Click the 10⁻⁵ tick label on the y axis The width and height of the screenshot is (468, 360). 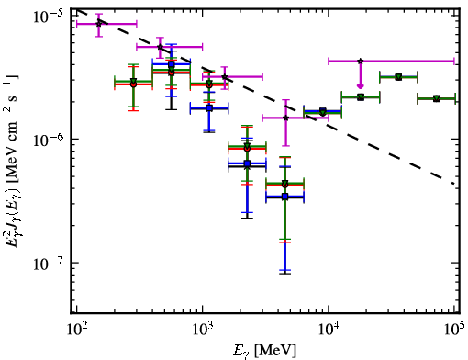click(x=49, y=16)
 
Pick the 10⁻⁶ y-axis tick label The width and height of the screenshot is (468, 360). click(x=49, y=141)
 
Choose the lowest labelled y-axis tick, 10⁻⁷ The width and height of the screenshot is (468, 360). click(x=49, y=264)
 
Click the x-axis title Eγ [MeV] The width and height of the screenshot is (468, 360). click(x=264, y=351)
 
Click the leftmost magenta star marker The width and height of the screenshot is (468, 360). click(x=99, y=23)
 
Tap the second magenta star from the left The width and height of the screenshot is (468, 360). click(x=160, y=47)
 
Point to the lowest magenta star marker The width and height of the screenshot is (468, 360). click(x=285, y=118)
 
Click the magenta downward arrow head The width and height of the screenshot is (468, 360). click(x=361, y=86)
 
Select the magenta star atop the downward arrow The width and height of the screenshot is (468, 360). click(x=361, y=62)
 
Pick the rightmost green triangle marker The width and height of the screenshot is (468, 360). click(x=437, y=98)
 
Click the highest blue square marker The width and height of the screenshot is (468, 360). click(x=172, y=64)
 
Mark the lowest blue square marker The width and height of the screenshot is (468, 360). click(x=285, y=197)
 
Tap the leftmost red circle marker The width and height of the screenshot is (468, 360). click(x=133, y=84)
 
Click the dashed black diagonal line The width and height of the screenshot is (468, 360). click(x=265, y=96)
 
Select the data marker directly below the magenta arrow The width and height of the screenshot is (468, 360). click(x=361, y=97)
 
